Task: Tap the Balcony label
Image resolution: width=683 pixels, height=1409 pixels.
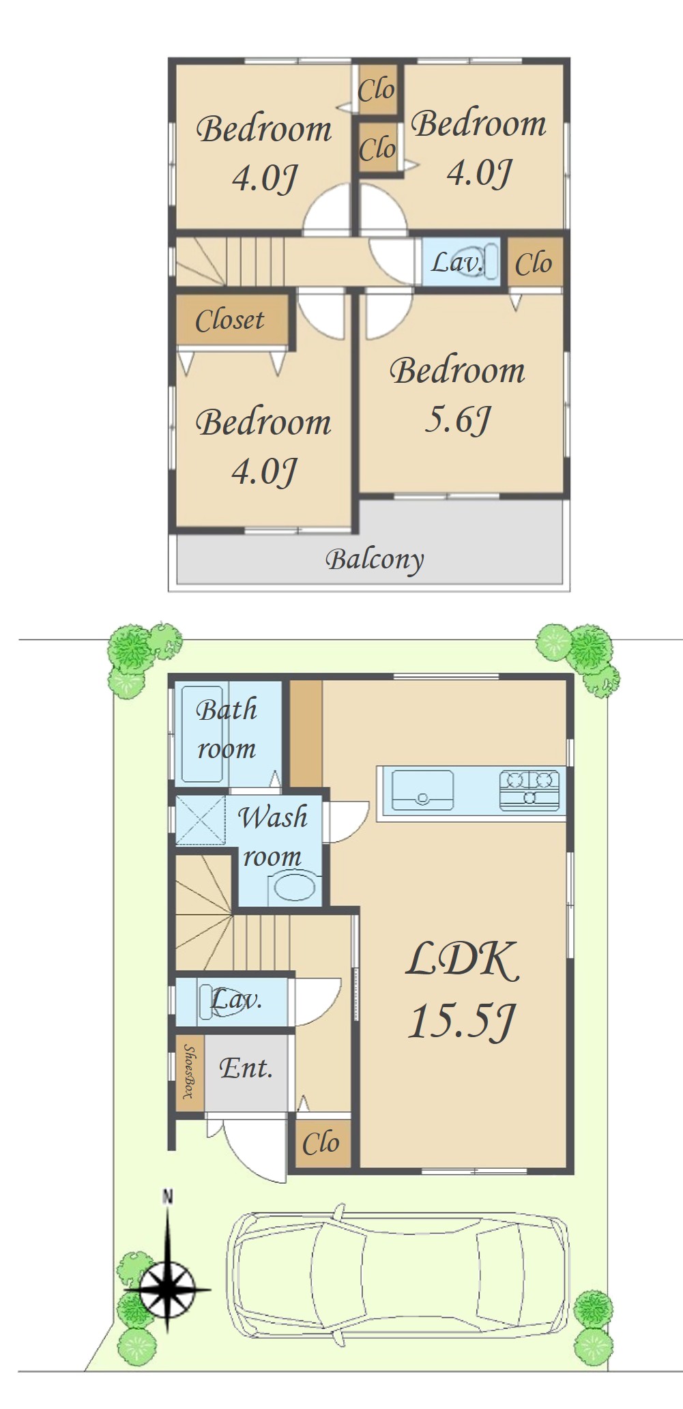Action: (375, 560)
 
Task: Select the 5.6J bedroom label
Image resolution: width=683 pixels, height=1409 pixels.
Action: (457, 394)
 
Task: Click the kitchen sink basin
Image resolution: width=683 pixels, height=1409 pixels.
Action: (422, 790)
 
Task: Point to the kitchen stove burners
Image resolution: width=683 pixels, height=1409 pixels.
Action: (529, 790)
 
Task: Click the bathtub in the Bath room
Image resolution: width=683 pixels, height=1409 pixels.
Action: (202, 734)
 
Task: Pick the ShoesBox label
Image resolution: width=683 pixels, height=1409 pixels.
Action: (189, 1071)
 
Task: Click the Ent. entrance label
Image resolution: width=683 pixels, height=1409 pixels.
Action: (246, 1068)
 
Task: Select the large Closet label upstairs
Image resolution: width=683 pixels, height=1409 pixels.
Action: (230, 320)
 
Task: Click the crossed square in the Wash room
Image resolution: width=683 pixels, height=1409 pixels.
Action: (201, 820)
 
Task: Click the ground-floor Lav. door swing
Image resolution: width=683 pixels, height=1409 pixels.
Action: (317, 1001)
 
